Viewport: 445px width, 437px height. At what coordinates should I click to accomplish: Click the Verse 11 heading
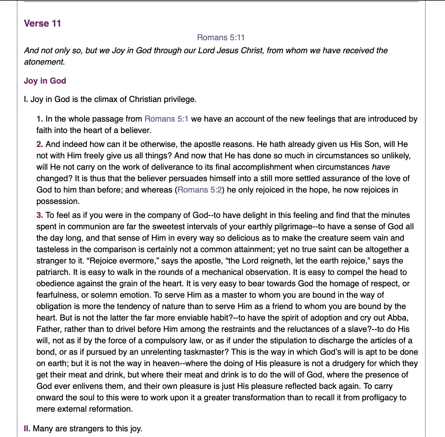click(42, 23)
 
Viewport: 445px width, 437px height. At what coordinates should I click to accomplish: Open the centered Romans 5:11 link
click(221, 37)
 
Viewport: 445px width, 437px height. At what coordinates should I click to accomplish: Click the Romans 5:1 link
click(166, 119)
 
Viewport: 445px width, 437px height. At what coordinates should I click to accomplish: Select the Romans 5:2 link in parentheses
click(200, 190)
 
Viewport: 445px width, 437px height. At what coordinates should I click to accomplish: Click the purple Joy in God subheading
click(45, 81)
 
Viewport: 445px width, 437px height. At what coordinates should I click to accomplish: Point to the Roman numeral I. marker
click(26, 99)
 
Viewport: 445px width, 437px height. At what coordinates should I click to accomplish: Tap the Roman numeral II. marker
click(27, 428)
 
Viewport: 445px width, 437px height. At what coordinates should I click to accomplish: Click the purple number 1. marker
click(40, 119)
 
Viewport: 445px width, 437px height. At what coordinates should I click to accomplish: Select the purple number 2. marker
click(40, 144)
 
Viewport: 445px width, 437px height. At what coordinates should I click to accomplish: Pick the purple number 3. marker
click(40, 215)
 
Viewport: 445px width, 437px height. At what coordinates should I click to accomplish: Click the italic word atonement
click(44, 62)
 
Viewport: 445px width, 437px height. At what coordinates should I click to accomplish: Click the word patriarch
click(53, 272)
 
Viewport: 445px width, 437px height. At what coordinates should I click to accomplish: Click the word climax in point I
click(94, 99)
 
